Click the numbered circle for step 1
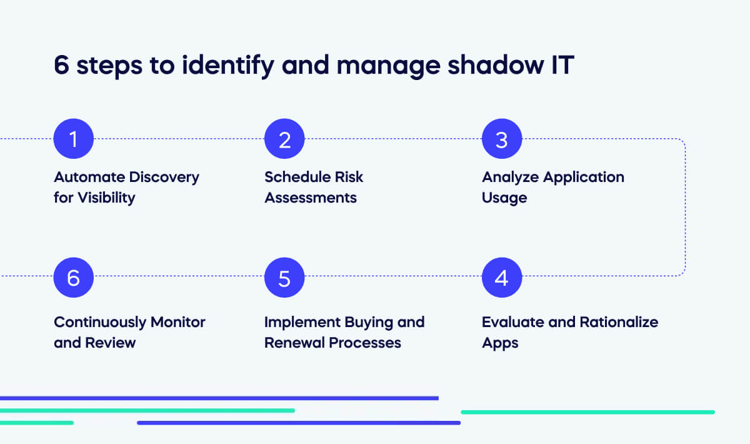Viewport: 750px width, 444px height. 74,139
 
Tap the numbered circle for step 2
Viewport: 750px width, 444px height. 284,139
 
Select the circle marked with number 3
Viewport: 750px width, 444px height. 501,139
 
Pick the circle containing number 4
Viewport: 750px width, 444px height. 501,277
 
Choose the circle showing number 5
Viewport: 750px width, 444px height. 284,277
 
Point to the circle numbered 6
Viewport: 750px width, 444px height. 74,277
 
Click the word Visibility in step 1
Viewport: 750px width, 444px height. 106,198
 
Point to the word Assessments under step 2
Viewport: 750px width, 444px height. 311,198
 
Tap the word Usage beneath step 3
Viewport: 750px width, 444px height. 504,198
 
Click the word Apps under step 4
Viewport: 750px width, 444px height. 500,343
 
